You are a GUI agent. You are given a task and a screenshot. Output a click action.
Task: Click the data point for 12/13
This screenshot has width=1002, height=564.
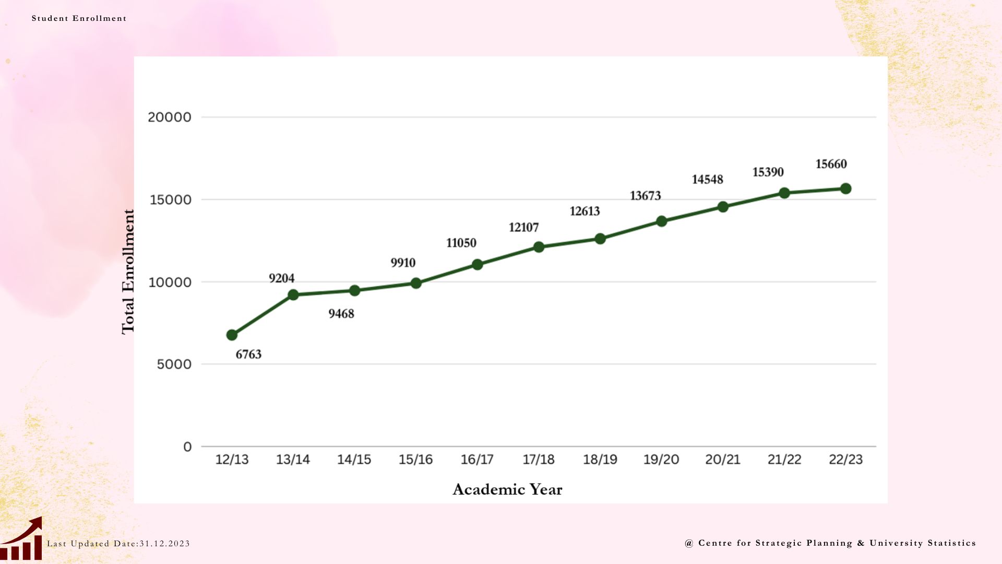pyautogui.click(x=232, y=335)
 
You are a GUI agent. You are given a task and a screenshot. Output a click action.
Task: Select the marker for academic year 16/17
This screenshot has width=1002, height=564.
pyautogui.click(x=477, y=264)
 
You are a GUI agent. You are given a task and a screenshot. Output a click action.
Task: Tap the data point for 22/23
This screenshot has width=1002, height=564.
pyautogui.click(x=845, y=189)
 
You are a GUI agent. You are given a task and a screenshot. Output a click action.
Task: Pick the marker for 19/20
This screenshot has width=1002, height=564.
pyautogui.click(x=661, y=221)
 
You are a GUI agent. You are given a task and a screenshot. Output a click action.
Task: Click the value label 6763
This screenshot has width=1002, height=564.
pyautogui.click(x=248, y=355)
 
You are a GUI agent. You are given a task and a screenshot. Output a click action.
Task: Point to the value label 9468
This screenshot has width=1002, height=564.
pyautogui.click(x=341, y=314)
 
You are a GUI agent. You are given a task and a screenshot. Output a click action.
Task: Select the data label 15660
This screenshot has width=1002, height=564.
pyautogui.click(x=831, y=164)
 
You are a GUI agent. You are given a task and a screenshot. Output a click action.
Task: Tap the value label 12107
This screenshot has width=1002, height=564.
pyautogui.click(x=523, y=227)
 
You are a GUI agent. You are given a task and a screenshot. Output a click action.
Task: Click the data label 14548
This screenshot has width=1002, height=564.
pyautogui.click(x=707, y=180)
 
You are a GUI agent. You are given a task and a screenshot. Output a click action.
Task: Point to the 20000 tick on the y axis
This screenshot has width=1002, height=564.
pyautogui.click(x=170, y=117)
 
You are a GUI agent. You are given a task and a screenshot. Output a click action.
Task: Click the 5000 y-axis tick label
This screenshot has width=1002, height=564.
pyautogui.click(x=174, y=364)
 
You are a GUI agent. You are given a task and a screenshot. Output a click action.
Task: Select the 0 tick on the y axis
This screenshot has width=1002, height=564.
pyautogui.click(x=187, y=446)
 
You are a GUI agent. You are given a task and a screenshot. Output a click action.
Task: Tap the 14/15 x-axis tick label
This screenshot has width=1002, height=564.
pyautogui.click(x=354, y=460)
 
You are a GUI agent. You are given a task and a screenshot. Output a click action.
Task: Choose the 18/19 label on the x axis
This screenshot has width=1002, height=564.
pyautogui.click(x=600, y=460)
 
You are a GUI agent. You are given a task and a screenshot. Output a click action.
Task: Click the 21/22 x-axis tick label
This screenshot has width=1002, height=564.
pyautogui.click(x=784, y=460)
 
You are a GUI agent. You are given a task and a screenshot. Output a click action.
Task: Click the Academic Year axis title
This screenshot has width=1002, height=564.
pyautogui.click(x=507, y=489)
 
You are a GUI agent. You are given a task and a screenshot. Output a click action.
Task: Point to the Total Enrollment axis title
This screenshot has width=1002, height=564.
pyautogui.click(x=128, y=272)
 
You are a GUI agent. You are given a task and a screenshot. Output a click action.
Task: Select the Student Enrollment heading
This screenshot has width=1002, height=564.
pyautogui.click(x=79, y=18)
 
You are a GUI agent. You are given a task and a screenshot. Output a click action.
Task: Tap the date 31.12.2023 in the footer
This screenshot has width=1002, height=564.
pyautogui.click(x=164, y=544)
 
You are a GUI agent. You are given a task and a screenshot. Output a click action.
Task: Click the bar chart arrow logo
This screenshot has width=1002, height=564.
pyautogui.click(x=21, y=539)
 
